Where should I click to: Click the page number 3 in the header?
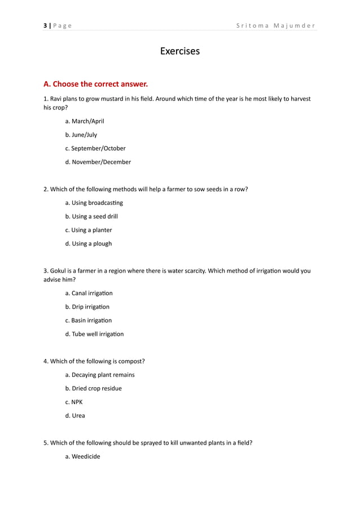click(x=45, y=26)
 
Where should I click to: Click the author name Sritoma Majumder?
click(x=276, y=26)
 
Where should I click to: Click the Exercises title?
click(x=179, y=51)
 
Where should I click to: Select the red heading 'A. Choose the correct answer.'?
click(x=95, y=84)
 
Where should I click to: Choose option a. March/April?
click(x=85, y=121)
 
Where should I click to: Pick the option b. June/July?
click(x=81, y=135)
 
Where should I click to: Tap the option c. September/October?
click(x=95, y=148)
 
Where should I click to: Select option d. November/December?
click(x=98, y=162)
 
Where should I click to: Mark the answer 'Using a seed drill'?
click(x=91, y=216)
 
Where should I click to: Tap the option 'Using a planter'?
click(x=89, y=230)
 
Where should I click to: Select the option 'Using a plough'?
click(x=89, y=244)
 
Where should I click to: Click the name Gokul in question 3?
click(x=59, y=270)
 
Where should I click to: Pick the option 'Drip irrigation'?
click(x=87, y=307)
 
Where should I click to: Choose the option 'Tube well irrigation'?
click(x=94, y=334)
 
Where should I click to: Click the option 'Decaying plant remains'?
click(x=100, y=375)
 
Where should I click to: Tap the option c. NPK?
click(x=74, y=402)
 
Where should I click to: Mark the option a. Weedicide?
click(x=82, y=457)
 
